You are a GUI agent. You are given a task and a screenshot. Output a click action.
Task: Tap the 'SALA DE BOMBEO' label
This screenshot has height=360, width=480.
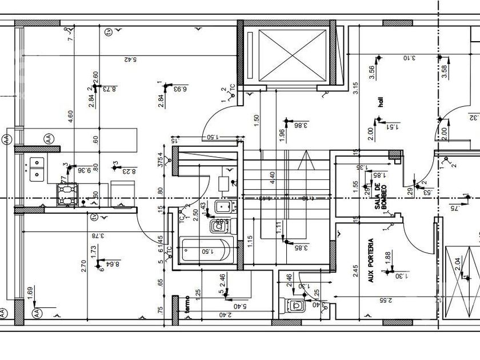click(378, 196)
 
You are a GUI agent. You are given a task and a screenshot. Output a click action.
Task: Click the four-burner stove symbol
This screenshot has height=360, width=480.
click(67, 194)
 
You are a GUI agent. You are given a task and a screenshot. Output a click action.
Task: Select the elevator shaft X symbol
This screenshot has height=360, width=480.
click(291, 56)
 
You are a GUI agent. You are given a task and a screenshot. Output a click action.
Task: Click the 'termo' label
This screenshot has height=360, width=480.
click(186, 302)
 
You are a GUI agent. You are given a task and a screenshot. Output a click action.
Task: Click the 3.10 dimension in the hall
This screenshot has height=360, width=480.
click(408, 58)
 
